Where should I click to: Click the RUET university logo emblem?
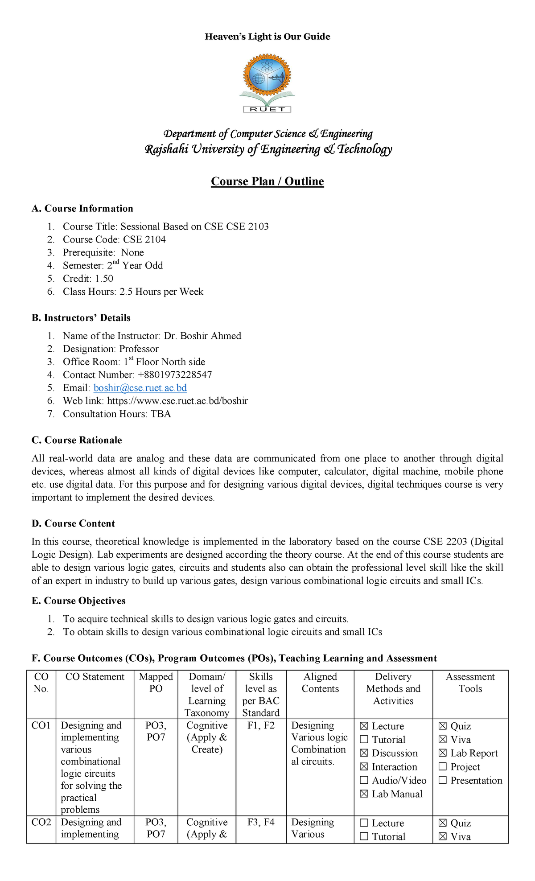[x=267, y=82]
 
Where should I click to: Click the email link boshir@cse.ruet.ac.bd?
[x=140, y=388]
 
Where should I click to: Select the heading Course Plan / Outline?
[x=267, y=181]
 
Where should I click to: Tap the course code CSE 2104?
[x=144, y=239]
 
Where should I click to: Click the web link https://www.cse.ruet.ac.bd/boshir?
[x=177, y=401]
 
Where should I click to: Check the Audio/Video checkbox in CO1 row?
[x=364, y=780]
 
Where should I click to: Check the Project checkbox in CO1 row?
[x=443, y=767]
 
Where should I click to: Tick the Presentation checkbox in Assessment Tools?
[x=443, y=780]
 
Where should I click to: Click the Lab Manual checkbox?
[x=364, y=794]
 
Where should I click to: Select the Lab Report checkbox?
[x=443, y=753]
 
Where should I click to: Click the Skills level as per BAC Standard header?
[x=261, y=695]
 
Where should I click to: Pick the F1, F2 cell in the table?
[x=261, y=725]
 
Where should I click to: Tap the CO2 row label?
[x=41, y=822]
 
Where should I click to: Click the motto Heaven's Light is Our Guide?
[x=267, y=37]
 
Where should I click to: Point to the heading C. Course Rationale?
[x=77, y=440]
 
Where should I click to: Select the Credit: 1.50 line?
[x=88, y=279]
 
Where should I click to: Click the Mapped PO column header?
[x=156, y=683]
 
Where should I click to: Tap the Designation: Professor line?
[x=111, y=349]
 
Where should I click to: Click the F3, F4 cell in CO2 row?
[x=261, y=822]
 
